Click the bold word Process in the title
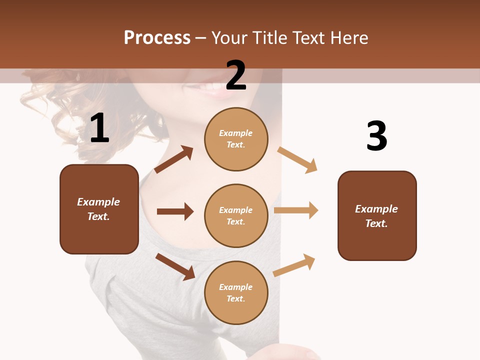[157, 38]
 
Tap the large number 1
[99, 128]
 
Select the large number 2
[236, 75]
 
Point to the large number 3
[376, 136]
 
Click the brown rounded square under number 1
[99, 209]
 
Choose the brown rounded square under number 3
[377, 215]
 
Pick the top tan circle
[236, 139]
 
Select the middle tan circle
[236, 215]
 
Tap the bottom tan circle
[236, 292]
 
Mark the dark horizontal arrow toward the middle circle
[175, 211]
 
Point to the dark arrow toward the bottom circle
[175, 266]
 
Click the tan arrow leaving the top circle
[297, 160]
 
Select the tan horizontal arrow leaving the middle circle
[296, 210]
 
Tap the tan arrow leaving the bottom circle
[294, 265]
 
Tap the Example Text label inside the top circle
[236, 139]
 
